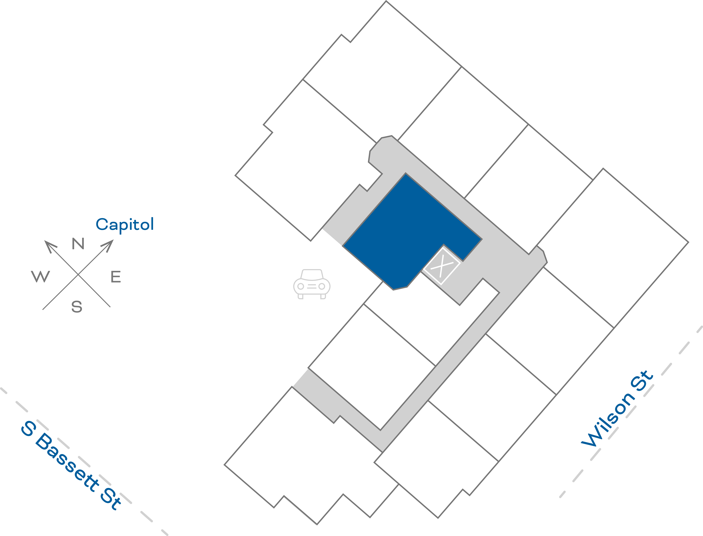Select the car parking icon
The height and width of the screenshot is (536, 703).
312,284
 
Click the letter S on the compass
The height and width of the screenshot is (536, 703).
77,307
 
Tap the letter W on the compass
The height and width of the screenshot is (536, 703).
41,276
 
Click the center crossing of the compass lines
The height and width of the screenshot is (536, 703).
78,274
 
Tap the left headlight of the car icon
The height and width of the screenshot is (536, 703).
300,286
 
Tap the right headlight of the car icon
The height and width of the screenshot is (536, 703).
322,286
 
